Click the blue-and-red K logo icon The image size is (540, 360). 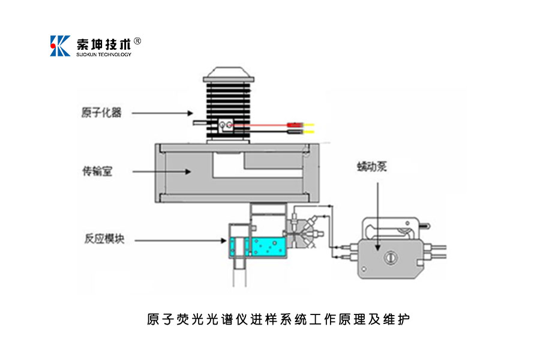click(x=60, y=46)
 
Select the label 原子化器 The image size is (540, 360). click(x=101, y=112)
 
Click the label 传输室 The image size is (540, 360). click(x=97, y=172)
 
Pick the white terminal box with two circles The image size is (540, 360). click(x=224, y=125)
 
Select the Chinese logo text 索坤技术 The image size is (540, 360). click(x=103, y=44)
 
